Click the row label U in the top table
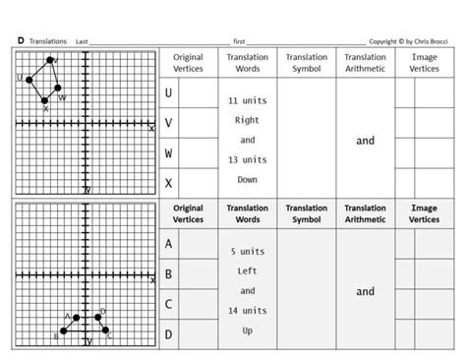tap(169, 93)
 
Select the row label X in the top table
tap(169, 183)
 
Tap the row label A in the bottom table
tap(169, 244)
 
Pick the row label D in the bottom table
tap(169, 334)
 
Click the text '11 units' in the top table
tap(247, 100)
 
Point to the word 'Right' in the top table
tap(247, 120)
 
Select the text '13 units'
tap(247, 159)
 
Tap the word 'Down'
tap(247, 179)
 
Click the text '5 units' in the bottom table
tap(247, 252)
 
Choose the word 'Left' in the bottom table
tap(247, 271)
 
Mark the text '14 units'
tap(247, 311)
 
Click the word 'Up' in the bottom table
tap(247, 330)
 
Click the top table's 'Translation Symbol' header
tap(307, 63)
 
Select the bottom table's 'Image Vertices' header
tap(425, 213)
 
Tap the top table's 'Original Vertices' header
tap(188, 63)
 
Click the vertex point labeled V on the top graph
tap(51, 60)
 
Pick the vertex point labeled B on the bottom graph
tap(64, 331)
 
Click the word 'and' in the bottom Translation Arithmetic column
tap(366, 291)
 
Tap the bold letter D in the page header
tap(21, 40)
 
